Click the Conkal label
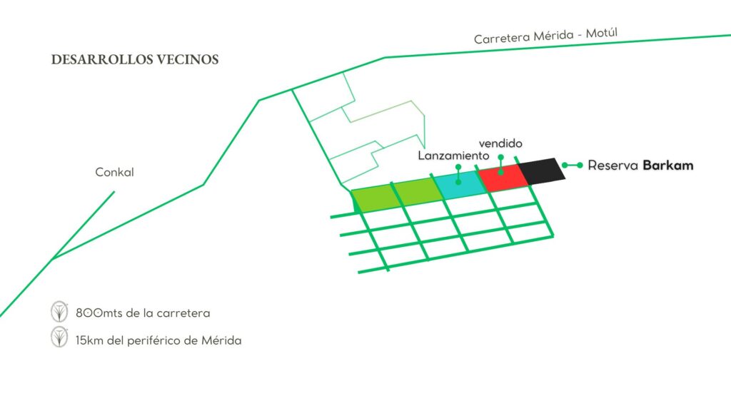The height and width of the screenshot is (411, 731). click(x=114, y=172)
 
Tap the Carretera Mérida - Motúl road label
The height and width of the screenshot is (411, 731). click(x=546, y=36)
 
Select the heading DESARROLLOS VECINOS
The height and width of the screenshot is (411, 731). click(x=135, y=60)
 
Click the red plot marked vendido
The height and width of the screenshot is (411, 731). click(x=503, y=178)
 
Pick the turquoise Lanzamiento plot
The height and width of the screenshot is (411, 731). click(x=459, y=185)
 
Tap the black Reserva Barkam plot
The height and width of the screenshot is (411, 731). click(x=542, y=171)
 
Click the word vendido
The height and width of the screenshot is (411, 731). click(x=500, y=143)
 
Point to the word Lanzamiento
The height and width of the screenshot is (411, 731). click(x=453, y=155)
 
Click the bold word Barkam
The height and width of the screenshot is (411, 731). click(x=668, y=166)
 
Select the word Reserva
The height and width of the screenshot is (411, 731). click(x=612, y=166)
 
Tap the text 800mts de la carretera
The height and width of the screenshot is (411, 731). click(x=143, y=313)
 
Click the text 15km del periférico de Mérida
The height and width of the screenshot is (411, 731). click(x=158, y=340)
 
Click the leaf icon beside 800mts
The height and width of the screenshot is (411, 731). click(x=59, y=311)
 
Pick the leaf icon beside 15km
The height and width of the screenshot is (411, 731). click(x=59, y=337)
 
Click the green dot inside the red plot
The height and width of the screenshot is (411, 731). click(x=500, y=173)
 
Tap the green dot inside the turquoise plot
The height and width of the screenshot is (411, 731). click(x=458, y=182)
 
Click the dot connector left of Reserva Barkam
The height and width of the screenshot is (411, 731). click(x=572, y=165)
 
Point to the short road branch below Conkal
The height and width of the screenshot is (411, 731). click(x=83, y=225)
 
